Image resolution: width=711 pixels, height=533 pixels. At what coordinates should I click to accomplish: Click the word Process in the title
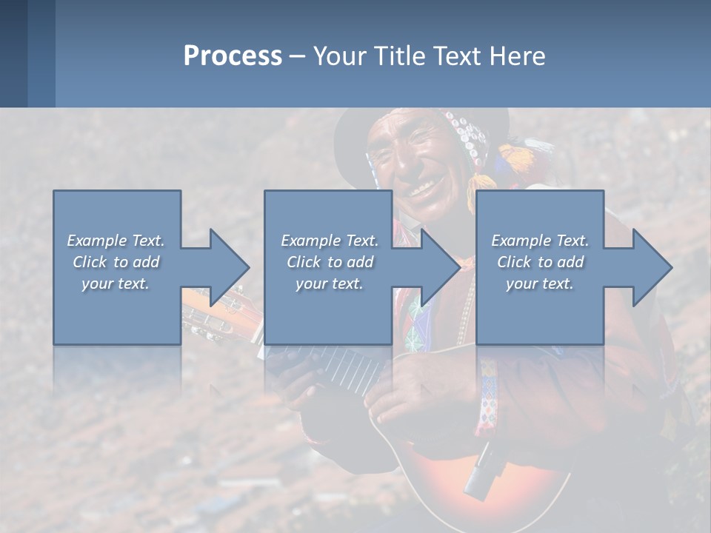tap(233, 56)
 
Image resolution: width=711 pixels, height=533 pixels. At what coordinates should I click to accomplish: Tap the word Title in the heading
tap(397, 56)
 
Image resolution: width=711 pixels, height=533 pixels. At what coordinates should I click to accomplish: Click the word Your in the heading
tap(341, 56)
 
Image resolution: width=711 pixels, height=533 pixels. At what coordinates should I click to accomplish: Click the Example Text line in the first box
tap(116, 241)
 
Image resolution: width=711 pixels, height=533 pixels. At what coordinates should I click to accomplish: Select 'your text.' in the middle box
tap(329, 284)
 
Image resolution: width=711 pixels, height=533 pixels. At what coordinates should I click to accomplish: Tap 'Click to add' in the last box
tap(540, 262)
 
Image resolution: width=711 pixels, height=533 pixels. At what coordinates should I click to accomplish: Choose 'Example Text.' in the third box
tap(540, 241)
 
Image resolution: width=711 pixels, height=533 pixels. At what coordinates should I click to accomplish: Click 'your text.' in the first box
tap(116, 284)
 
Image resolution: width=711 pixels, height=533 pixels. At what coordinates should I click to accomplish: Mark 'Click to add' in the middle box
tap(329, 262)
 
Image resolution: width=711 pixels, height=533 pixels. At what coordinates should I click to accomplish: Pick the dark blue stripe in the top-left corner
tap(13, 53)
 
